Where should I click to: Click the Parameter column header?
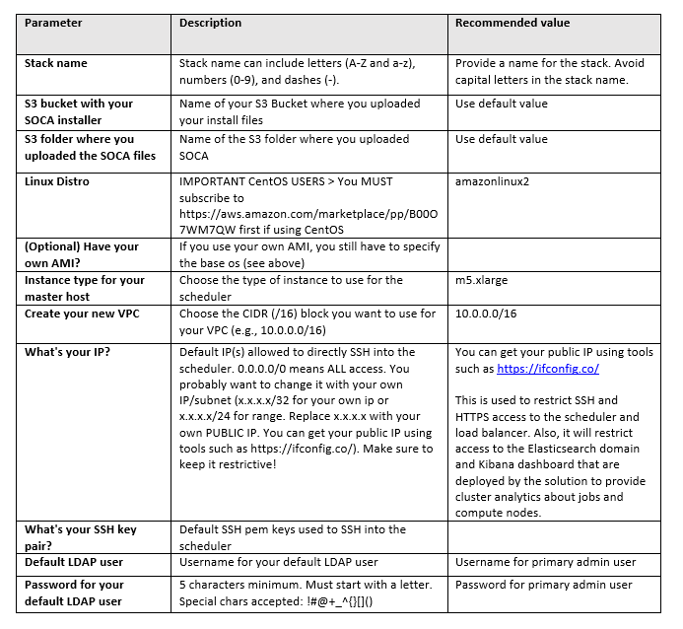(x=53, y=23)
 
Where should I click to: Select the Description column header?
(x=210, y=23)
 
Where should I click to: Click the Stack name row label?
(x=56, y=63)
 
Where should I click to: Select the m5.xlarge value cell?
(x=482, y=280)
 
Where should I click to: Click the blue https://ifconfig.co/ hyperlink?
(x=548, y=369)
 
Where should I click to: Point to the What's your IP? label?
(x=67, y=352)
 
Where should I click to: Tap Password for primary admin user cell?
(x=543, y=585)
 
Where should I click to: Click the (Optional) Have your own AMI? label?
(x=82, y=253)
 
